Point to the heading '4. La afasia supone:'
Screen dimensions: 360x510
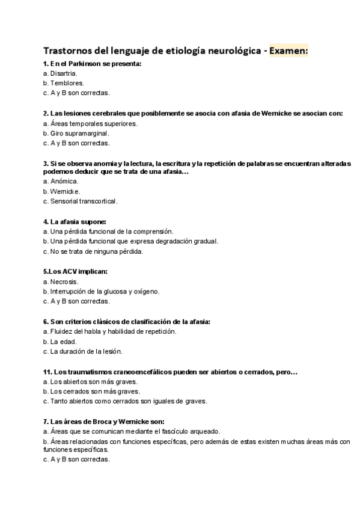click(x=75, y=221)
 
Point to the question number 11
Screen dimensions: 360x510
click(x=47, y=372)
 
